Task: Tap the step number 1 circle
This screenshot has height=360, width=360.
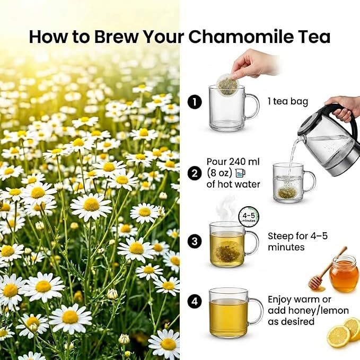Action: [x=195, y=102]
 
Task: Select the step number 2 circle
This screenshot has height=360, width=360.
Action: [x=195, y=173]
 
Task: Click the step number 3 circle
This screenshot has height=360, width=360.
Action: [x=195, y=241]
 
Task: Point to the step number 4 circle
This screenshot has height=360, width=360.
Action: [x=195, y=301]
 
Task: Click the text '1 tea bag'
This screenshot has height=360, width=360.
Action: [x=288, y=102]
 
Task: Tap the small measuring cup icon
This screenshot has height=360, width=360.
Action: [x=240, y=173]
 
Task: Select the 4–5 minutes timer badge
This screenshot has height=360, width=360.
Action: [x=249, y=217]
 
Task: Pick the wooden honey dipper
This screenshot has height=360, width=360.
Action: [x=326, y=270]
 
